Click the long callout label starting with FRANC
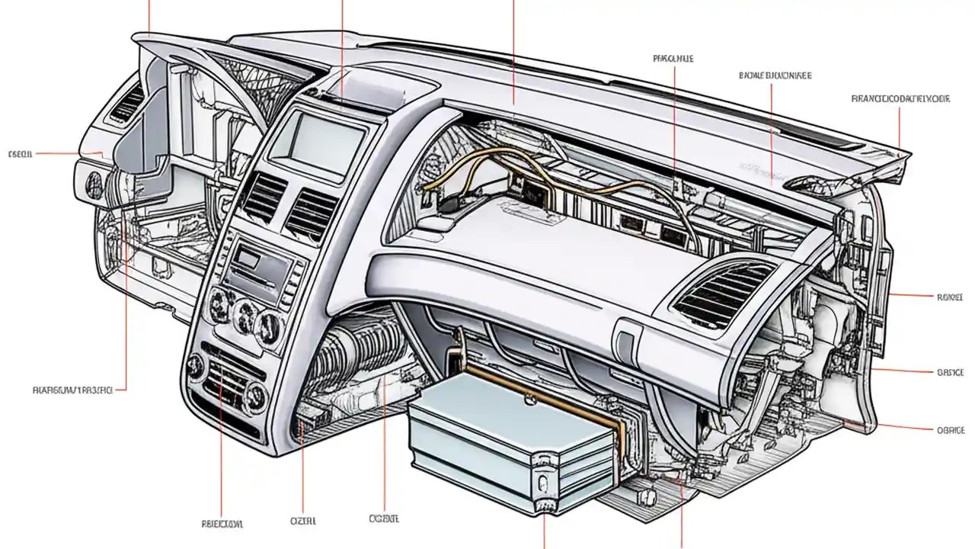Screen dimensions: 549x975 900,98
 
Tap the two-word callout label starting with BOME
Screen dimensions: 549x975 775,75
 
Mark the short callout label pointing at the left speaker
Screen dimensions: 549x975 21,154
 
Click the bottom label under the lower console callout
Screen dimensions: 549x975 222,524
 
